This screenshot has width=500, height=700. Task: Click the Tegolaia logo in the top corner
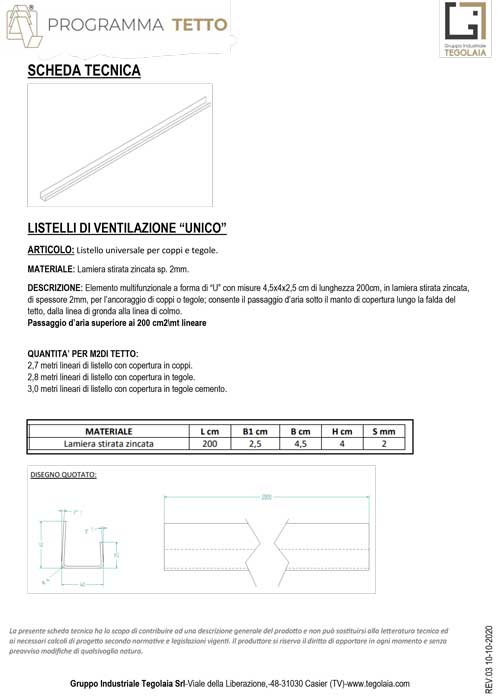462,30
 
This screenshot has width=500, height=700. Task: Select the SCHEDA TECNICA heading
84,71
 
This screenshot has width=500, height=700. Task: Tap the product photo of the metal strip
120,144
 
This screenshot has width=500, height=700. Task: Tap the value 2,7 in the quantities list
34,366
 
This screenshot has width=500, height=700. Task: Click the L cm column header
210,431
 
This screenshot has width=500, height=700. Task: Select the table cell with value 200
210,444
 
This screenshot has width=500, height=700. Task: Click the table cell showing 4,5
299,444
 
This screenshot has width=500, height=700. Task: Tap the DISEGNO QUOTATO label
63,475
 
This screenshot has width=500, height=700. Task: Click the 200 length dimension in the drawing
266,495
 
